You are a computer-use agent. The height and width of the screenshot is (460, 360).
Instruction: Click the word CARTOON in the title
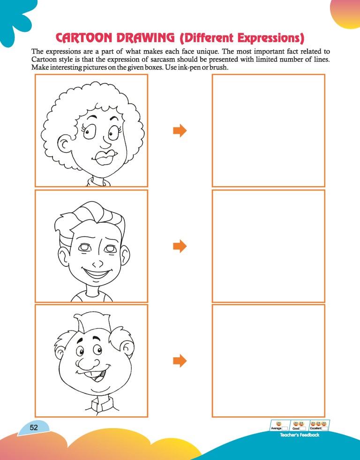[84, 38]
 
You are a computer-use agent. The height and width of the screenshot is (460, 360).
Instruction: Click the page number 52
[34, 428]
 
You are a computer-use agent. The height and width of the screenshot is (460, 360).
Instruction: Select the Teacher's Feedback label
[300, 435]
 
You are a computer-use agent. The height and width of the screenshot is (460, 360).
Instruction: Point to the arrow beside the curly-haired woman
[180, 130]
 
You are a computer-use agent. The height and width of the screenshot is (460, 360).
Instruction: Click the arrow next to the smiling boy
[180, 246]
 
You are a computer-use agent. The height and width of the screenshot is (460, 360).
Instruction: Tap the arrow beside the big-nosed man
[180, 361]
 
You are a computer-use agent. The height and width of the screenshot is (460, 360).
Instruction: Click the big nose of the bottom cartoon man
[88, 363]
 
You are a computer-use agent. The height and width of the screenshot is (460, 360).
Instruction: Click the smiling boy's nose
[97, 264]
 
